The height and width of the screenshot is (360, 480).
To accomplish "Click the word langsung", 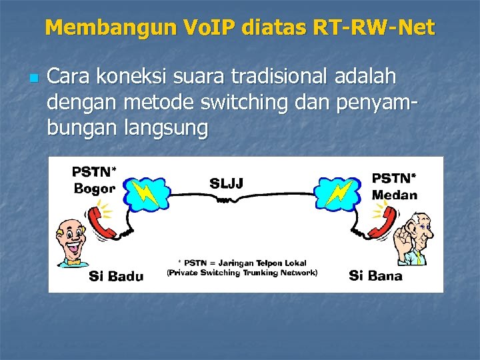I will (166, 127).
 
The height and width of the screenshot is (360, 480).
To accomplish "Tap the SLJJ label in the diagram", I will (227, 183).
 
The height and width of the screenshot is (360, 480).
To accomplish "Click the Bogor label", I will (94, 189).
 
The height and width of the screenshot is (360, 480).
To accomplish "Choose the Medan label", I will (395, 195).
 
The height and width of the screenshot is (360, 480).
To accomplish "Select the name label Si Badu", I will (116, 276).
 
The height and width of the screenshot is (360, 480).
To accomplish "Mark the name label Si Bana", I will (375, 275).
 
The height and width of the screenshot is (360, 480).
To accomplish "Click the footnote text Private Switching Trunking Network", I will (241, 273).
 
